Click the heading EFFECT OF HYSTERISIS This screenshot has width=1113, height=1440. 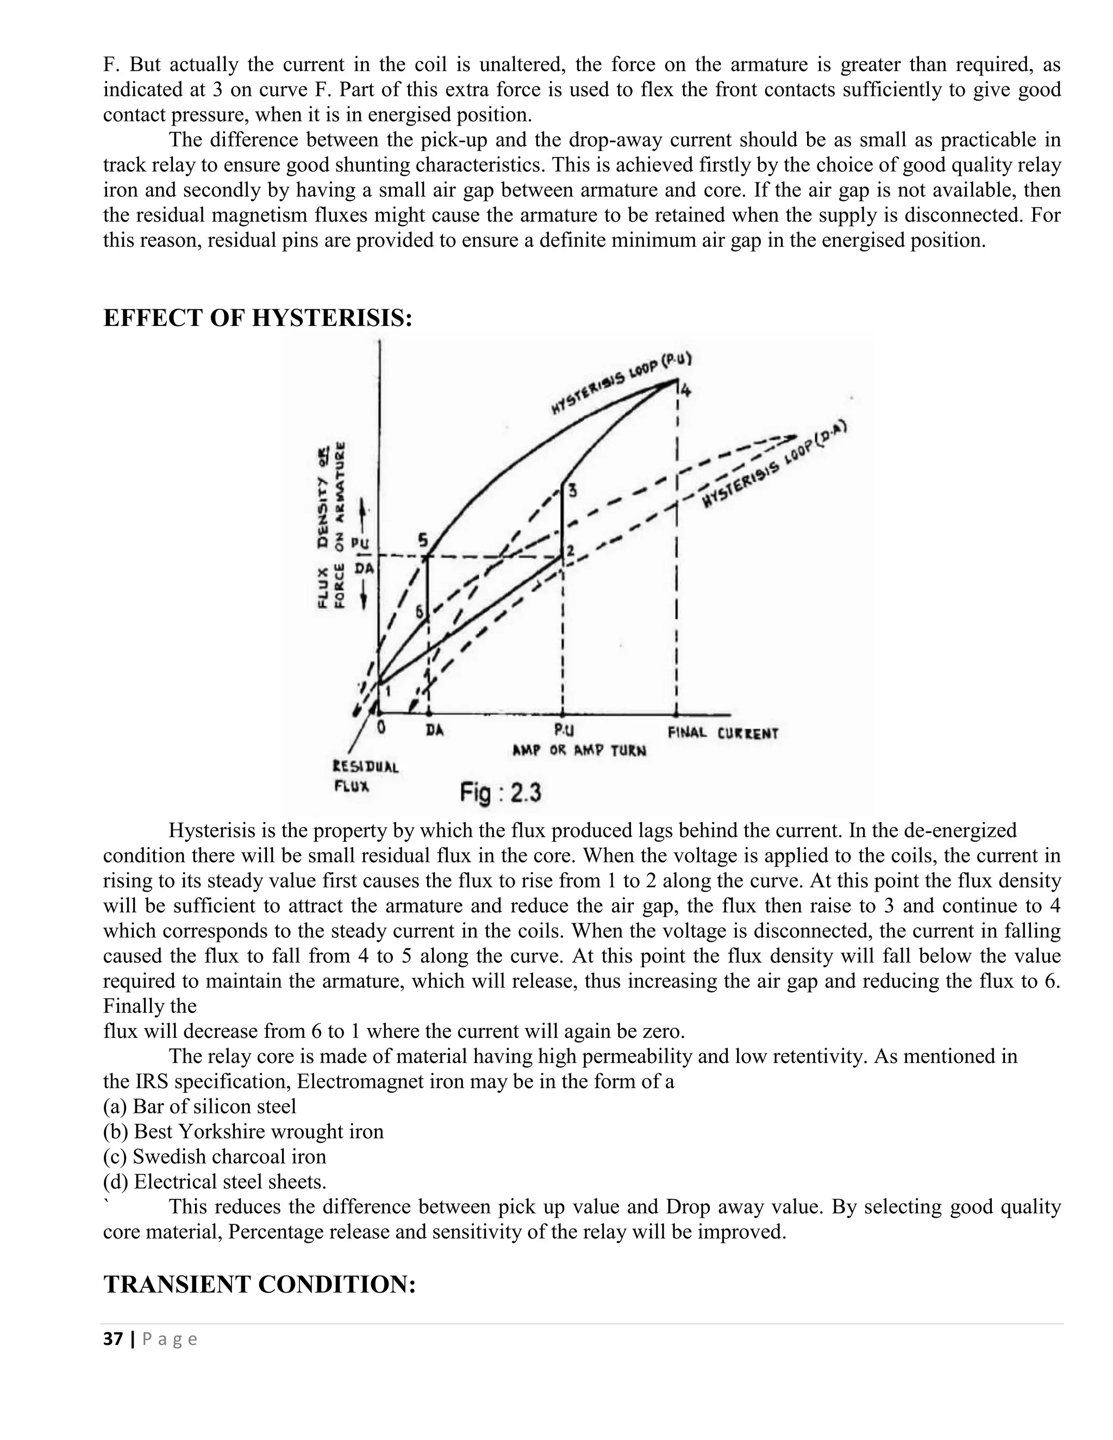pos(258,318)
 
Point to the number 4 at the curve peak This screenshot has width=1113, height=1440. pos(685,391)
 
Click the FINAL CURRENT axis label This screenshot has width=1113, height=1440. pos(723,733)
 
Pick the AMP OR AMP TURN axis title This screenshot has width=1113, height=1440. pos(579,750)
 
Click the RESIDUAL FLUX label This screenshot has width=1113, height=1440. pos(365,776)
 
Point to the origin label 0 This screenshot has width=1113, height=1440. pos(380,728)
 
